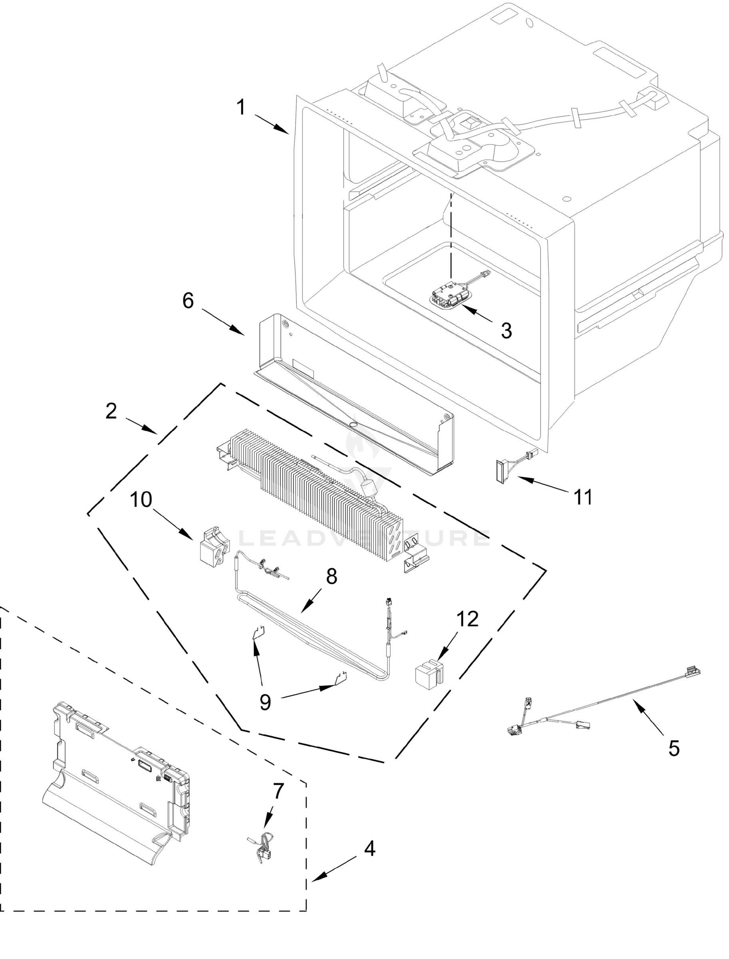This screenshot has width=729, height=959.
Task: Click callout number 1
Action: click(x=241, y=107)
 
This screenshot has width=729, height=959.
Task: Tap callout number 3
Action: click(x=506, y=331)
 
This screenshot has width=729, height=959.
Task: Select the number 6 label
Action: click(x=187, y=300)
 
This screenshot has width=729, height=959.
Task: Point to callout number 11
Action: click(x=583, y=497)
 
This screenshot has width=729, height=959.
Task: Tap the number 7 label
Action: click(x=278, y=791)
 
